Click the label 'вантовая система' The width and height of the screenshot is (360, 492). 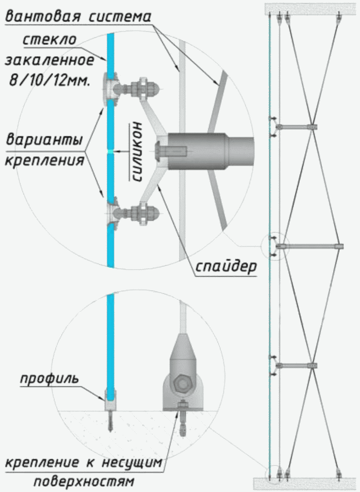click(x=78, y=17)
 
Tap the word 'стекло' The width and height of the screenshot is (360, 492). click(x=49, y=39)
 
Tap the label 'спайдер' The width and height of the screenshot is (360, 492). click(x=226, y=266)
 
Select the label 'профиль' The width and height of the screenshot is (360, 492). click(x=49, y=379)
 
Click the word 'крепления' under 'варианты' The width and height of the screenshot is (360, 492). click(x=45, y=160)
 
